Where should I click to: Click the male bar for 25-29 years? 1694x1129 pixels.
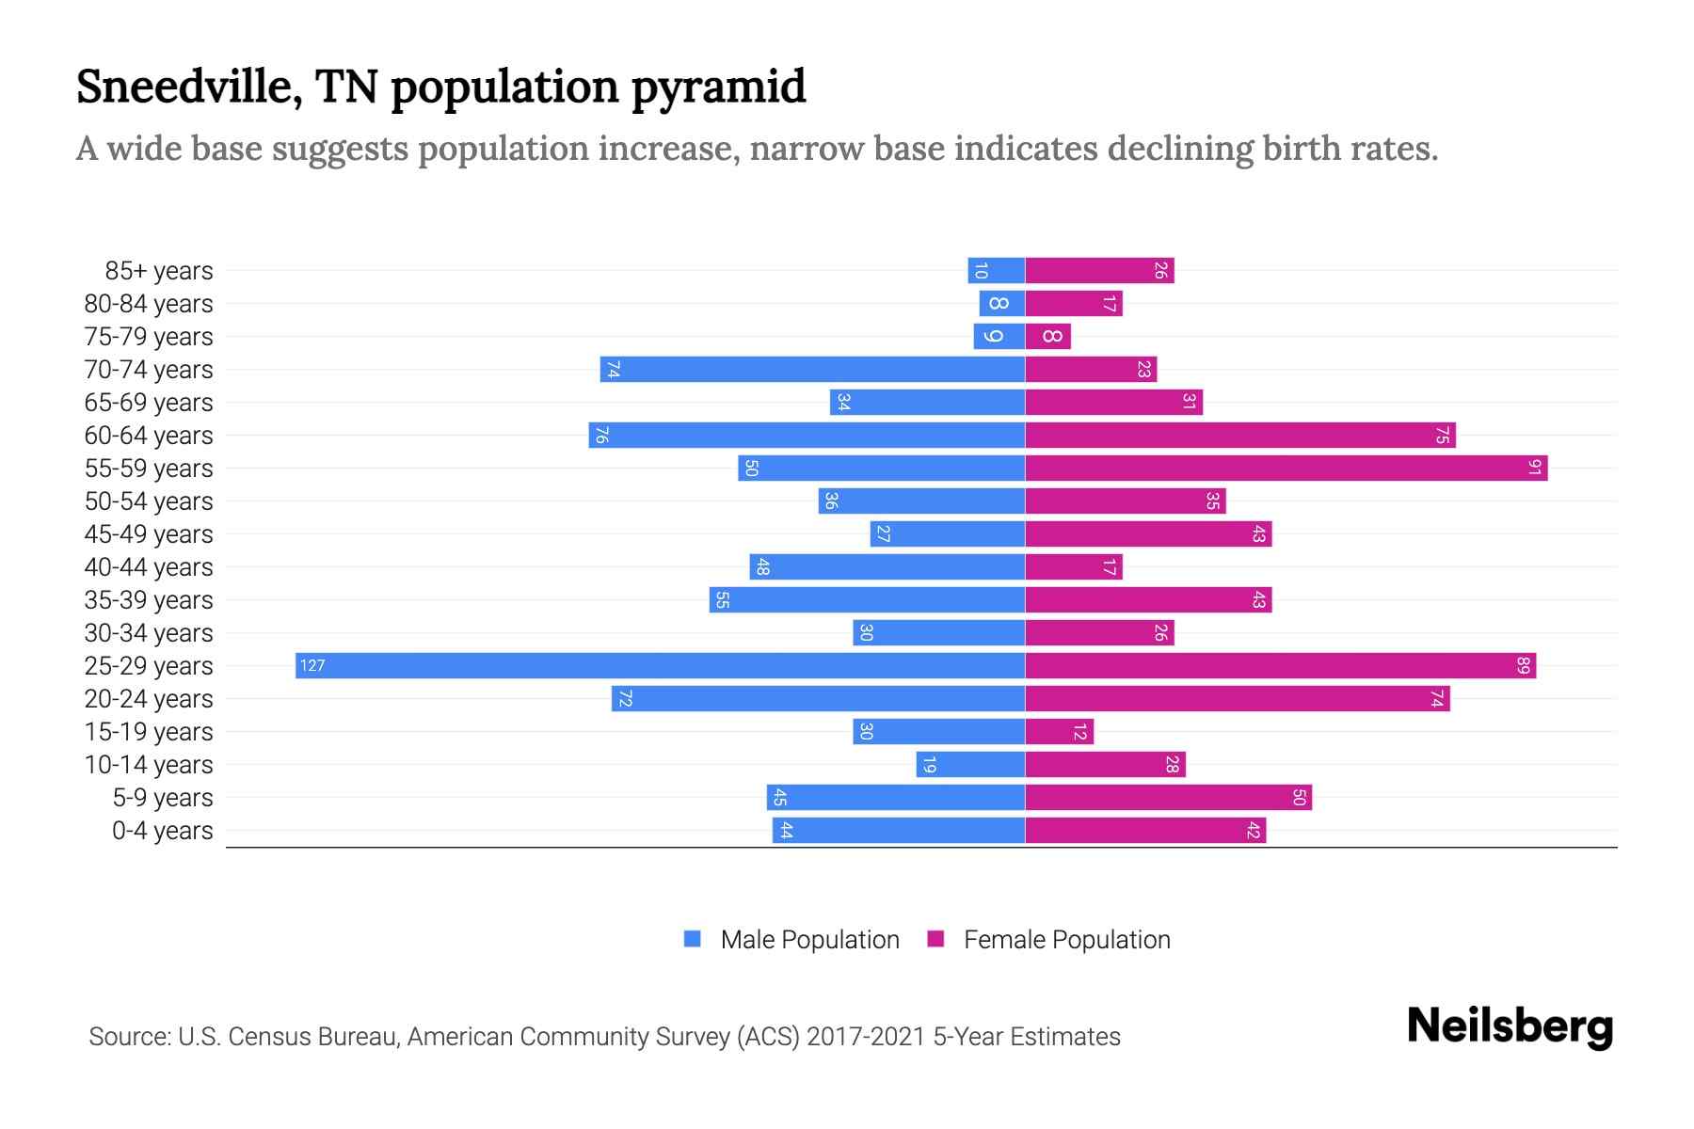pyautogui.click(x=659, y=665)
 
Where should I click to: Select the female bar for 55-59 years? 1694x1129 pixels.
pyautogui.click(x=1286, y=468)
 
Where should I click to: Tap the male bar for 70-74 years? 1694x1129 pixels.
pyautogui.click(x=812, y=369)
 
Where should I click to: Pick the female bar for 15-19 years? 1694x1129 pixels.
pyautogui.click(x=1059, y=731)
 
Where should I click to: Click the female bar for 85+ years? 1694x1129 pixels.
pyautogui.click(x=1099, y=270)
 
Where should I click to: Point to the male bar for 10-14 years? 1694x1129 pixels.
pyautogui.click(x=970, y=764)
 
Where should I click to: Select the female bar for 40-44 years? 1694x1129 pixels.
pyautogui.click(x=1073, y=566)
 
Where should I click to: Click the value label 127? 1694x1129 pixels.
pyautogui.click(x=312, y=665)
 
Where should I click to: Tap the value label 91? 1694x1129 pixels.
pyautogui.click(x=1534, y=468)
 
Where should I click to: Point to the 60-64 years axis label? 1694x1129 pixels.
pyautogui.click(x=149, y=436)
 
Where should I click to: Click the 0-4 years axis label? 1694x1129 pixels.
pyautogui.click(x=162, y=831)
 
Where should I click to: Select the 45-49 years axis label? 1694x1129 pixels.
pyautogui.click(x=149, y=534)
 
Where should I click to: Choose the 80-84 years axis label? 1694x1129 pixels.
pyautogui.click(x=149, y=304)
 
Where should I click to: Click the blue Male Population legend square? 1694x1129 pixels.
pyautogui.click(x=693, y=939)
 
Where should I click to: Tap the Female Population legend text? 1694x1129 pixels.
pyautogui.click(x=1066, y=939)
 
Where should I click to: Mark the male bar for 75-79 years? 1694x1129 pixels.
pyautogui.click(x=999, y=336)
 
